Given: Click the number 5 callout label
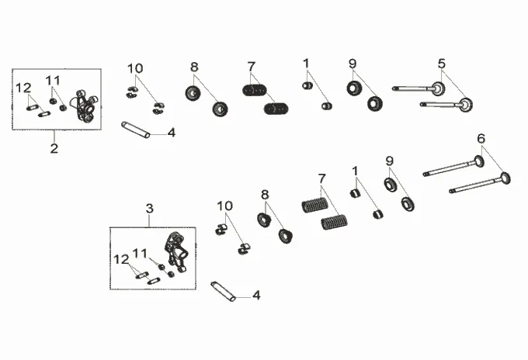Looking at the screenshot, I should (441, 63).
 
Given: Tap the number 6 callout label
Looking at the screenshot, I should (481, 139).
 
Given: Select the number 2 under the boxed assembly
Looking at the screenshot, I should (54, 148).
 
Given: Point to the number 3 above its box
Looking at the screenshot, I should (150, 209).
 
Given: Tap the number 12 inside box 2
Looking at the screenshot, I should (24, 87).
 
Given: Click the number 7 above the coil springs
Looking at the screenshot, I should (321, 179).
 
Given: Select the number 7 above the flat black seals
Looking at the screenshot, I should (252, 67).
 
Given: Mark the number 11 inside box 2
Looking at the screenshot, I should (52, 81).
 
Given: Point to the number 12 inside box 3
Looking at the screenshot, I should (122, 258).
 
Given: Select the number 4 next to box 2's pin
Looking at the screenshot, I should (171, 133).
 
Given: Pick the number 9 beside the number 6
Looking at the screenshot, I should (390, 161).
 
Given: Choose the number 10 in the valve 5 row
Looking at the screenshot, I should (135, 67).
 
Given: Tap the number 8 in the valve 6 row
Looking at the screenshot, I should (264, 195).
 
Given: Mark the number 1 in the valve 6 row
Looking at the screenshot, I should (355, 171).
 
